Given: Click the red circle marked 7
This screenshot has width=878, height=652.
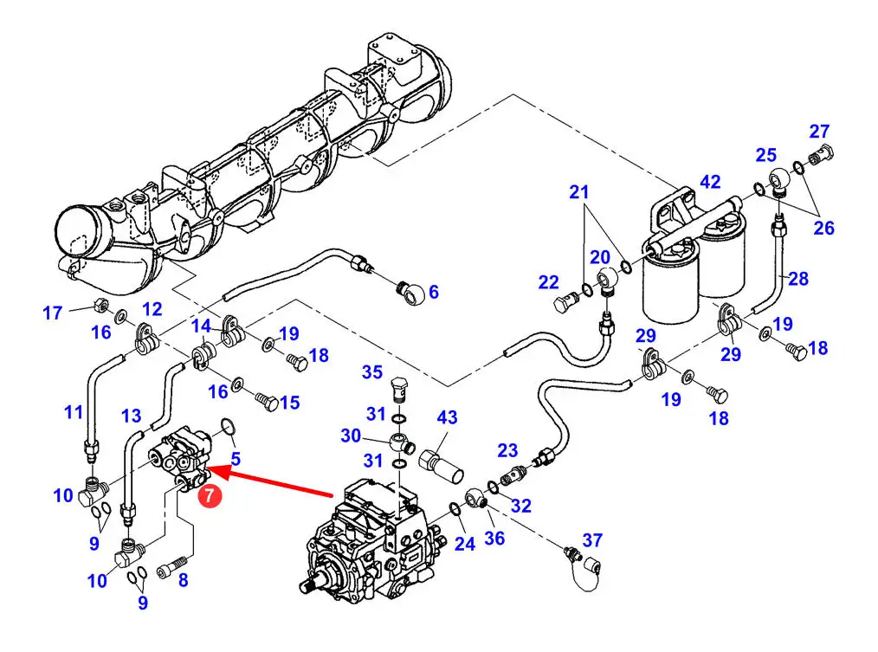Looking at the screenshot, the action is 210,495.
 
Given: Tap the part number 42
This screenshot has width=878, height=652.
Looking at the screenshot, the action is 710,182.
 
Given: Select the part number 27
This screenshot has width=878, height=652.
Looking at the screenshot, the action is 818,131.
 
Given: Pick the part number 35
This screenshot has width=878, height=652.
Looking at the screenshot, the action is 371,372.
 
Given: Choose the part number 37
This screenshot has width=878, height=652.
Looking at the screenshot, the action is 592,540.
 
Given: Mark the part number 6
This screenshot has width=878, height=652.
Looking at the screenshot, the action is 434,292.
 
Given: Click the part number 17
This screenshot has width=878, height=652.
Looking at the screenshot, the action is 53,313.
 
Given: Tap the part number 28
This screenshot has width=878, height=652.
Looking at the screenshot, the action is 798,279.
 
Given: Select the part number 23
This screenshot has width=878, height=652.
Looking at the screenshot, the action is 507,450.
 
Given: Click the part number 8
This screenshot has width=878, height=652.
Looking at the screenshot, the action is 183,580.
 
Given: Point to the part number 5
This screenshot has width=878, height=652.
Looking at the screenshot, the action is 236,459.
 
